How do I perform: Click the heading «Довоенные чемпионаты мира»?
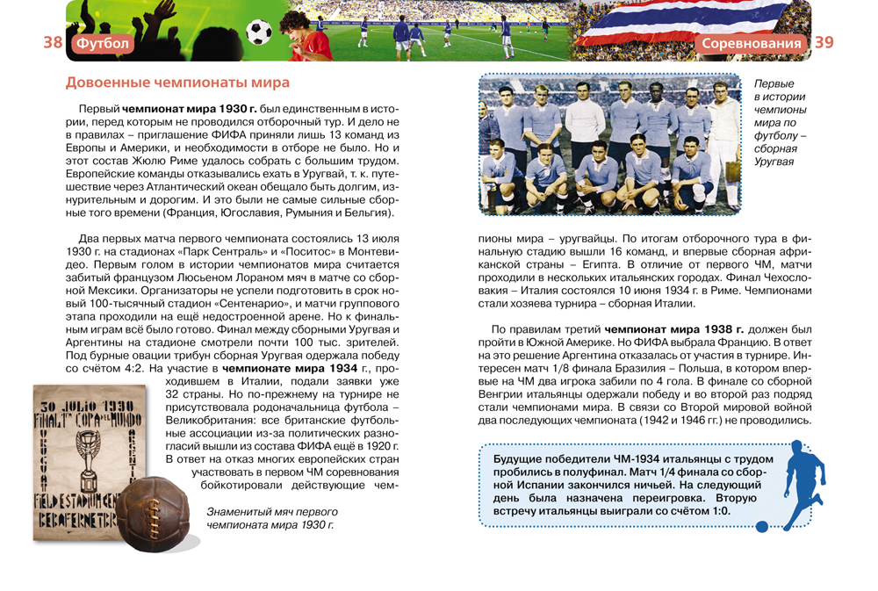178,83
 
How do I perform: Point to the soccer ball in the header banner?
259,32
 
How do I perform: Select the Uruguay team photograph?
609,143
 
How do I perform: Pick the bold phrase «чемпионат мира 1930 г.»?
190,108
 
